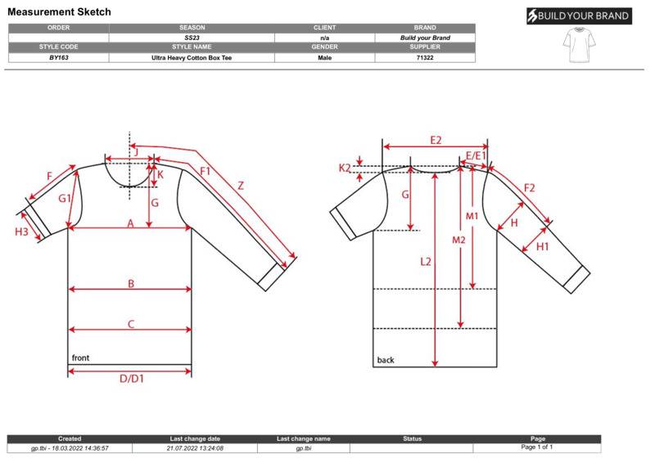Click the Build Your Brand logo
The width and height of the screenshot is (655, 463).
[579, 16]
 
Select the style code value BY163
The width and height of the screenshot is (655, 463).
[58, 57]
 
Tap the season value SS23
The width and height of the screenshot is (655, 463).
[192, 38]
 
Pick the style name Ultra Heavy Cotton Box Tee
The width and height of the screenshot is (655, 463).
[192, 57]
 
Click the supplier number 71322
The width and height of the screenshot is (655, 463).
[425, 57]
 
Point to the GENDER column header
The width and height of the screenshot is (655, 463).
[324, 47]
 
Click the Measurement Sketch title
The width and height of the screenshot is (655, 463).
[59, 11]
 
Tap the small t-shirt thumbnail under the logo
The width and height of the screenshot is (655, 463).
[579, 45]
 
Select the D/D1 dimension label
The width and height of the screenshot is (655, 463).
[132, 379]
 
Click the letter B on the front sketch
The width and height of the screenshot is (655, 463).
[131, 284]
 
